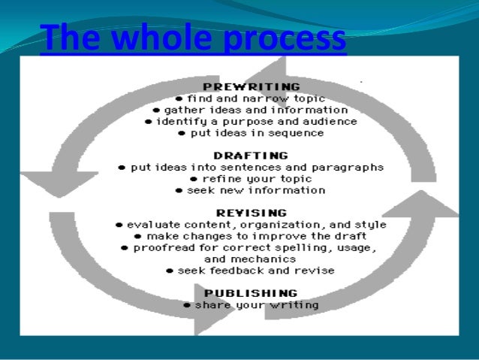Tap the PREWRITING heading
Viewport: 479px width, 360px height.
click(251, 86)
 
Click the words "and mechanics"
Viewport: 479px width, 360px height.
click(251, 259)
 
